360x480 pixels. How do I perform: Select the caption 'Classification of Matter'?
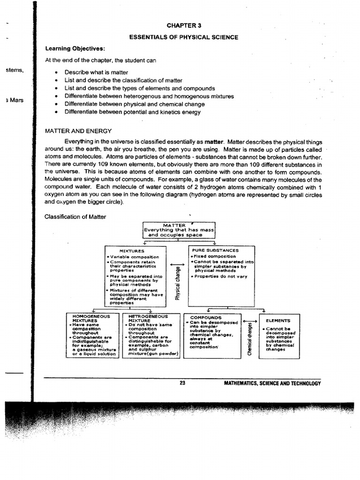(x=75, y=217)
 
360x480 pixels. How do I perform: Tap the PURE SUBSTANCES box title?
(x=215, y=251)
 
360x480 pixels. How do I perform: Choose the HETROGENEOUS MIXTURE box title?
(x=148, y=319)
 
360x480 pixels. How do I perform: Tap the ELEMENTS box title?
(x=278, y=321)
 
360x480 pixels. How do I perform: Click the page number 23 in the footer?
(x=183, y=383)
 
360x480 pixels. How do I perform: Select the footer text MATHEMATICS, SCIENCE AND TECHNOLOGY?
(x=273, y=383)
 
